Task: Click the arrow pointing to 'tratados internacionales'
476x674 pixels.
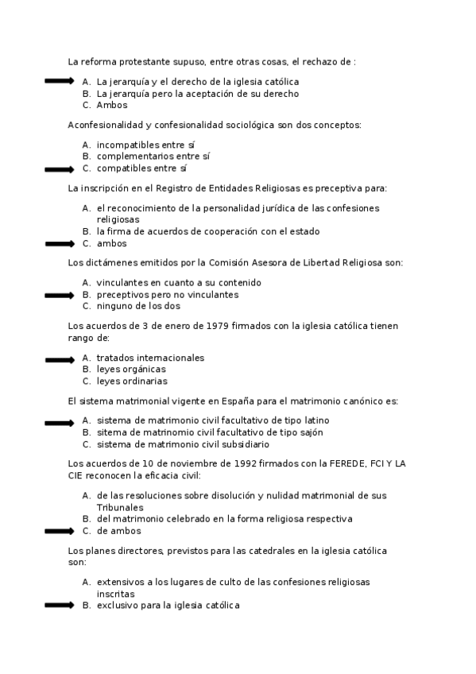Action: tap(59, 359)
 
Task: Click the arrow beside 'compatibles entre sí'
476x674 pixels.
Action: tap(59, 169)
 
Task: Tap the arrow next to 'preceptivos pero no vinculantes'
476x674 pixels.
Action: tap(59, 296)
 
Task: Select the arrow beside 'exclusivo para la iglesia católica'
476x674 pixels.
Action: tap(59, 606)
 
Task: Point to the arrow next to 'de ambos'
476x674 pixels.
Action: tap(59, 531)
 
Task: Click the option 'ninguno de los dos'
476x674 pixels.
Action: tap(138, 306)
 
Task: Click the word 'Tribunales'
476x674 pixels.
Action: tap(120, 507)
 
